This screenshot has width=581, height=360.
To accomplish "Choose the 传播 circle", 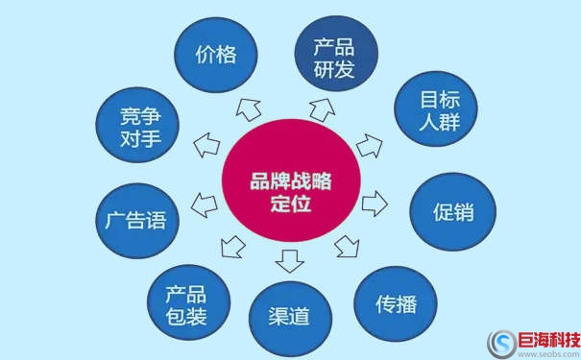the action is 396,304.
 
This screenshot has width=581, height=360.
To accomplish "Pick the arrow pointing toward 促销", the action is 375,204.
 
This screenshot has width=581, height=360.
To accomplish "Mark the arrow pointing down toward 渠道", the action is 289,258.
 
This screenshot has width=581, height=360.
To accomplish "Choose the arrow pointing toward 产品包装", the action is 231,246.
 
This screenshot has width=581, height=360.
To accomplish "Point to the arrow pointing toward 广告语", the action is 204,204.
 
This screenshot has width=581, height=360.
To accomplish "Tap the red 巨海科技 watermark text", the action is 549,338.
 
